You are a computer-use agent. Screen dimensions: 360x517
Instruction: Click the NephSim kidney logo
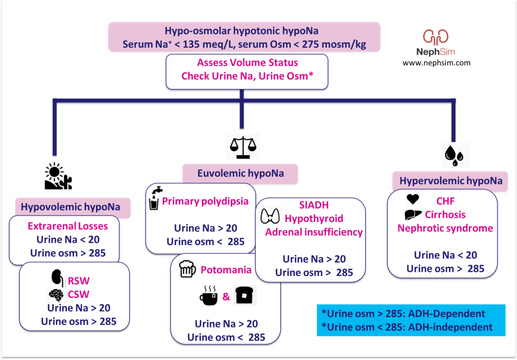(x=435, y=38)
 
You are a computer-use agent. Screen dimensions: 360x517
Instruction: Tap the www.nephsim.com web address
(x=436, y=63)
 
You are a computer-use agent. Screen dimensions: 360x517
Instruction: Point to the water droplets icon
(x=452, y=155)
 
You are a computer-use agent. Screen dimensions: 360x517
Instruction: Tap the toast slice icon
(x=245, y=296)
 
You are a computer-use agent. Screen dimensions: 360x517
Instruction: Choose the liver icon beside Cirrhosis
(x=413, y=215)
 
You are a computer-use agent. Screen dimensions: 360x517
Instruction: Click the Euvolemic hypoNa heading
(x=241, y=174)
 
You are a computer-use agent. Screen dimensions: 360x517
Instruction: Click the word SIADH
(x=314, y=205)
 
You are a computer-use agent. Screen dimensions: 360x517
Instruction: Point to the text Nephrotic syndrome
(x=445, y=228)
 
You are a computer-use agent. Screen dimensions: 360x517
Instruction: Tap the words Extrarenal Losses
(x=68, y=226)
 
